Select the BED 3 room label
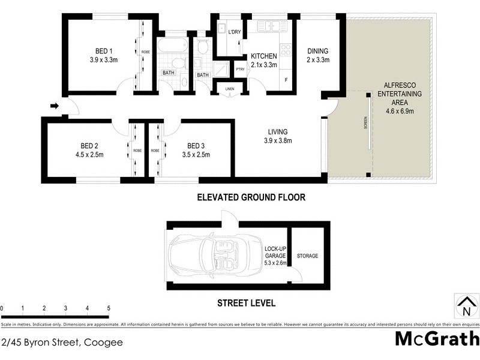pyautogui.click(x=196, y=146)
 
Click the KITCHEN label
pyautogui.click(x=263, y=56)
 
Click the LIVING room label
pyautogui.click(x=278, y=132)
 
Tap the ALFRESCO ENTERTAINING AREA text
pyautogui.click(x=403, y=94)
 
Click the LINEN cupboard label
pyautogui.click(x=230, y=89)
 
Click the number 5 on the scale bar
pyautogui.click(x=109, y=308)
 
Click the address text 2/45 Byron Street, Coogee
pyautogui.click(x=62, y=343)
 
